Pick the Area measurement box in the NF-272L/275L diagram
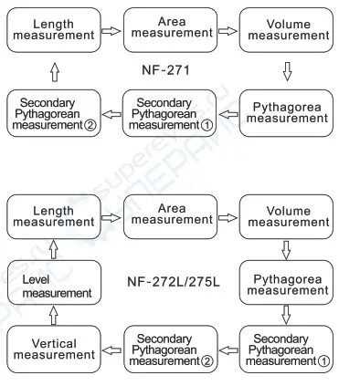(x=172, y=216)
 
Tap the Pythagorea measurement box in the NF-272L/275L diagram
(x=291, y=283)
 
